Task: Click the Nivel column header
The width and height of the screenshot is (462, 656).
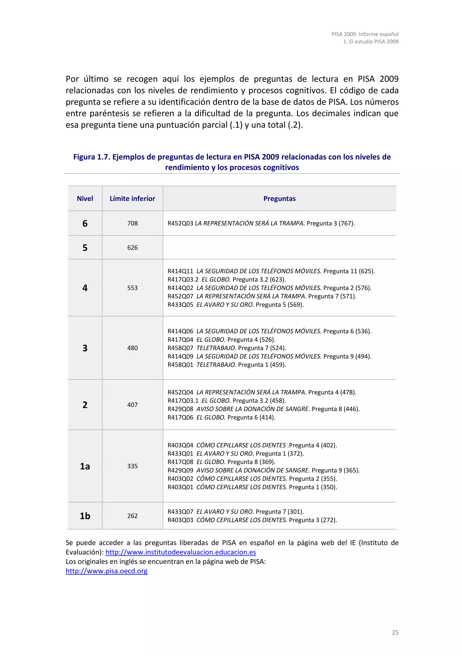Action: point(85,199)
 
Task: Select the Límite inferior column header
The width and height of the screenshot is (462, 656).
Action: point(132,199)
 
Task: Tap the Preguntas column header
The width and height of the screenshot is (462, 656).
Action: point(279,199)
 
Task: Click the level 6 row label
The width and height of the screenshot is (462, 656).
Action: point(85,223)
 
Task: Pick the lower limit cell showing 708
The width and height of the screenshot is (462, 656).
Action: point(132,223)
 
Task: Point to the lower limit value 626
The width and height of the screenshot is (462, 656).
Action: point(132,248)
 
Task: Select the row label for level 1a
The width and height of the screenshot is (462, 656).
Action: point(85,466)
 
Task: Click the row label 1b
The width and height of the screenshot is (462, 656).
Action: point(85,516)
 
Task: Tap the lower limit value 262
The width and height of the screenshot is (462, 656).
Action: point(132,516)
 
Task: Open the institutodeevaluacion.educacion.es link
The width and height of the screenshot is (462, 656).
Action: point(181,552)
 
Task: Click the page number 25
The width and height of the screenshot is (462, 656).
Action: point(395,633)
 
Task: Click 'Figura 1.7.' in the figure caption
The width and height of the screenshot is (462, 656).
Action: point(92,157)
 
